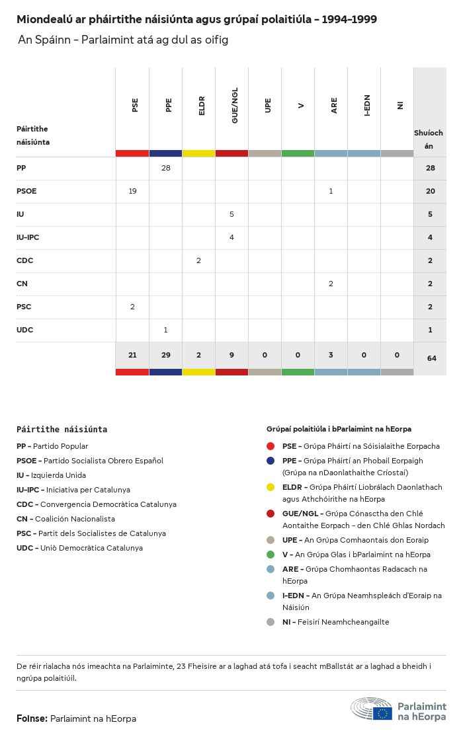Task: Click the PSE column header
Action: (135, 105)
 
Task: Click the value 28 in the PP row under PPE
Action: (165, 168)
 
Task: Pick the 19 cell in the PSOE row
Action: (132, 191)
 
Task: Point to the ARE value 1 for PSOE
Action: (331, 191)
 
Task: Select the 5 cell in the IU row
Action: (232, 214)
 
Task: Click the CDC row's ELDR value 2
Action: (198, 260)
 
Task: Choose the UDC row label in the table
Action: (24, 330)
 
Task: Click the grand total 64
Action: (431, 358)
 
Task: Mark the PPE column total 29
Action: (165, 355)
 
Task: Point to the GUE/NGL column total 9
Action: (232, 355)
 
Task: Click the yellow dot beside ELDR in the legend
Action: (271, 487)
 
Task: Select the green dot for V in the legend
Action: (271, 555)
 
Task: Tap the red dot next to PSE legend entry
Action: (271, 446)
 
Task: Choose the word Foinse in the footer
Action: (31, 718)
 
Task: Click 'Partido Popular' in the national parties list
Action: (60, 446)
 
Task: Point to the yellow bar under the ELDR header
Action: (198, 153)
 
